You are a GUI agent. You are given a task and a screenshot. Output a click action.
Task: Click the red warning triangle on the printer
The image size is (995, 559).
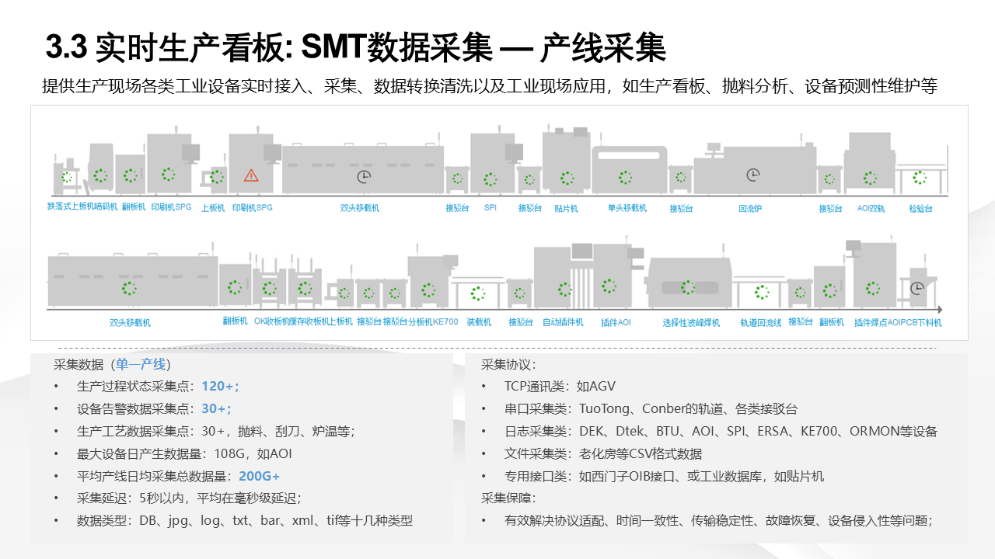[251, 175]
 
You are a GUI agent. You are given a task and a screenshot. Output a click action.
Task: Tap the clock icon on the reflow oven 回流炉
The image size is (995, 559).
[752, 175]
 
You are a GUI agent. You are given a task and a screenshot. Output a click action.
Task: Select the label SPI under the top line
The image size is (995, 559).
[490, 208]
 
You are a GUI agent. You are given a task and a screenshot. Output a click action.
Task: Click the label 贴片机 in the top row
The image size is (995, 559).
[565, 208]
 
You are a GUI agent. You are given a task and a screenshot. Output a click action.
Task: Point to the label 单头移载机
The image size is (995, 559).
[627, 208]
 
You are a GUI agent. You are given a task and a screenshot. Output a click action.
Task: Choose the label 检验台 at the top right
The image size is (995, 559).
[920, 208]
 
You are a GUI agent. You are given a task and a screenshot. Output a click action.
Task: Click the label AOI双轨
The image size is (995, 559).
[871, 208]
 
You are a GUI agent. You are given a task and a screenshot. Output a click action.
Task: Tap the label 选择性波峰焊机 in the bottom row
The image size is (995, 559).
[691, 322]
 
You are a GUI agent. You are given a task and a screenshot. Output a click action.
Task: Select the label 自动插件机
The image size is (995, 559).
[563, 322]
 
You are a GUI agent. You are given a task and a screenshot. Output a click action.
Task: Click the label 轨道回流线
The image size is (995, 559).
[760, 322]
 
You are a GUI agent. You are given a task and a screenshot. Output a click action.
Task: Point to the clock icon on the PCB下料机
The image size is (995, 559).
[917, 287]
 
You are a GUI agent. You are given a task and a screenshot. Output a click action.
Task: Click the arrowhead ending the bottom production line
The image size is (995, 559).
[940, 309]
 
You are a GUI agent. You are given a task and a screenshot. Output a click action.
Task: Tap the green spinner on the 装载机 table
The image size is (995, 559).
[477, 293]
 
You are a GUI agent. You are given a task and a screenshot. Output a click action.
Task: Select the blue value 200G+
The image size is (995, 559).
[259, 476]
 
